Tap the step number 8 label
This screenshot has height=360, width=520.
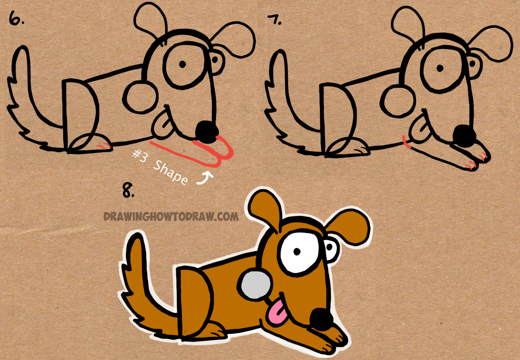click(128, 190)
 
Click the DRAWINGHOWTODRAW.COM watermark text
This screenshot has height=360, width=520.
click(171, 217)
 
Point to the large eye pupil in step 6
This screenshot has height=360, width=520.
click(182, 64)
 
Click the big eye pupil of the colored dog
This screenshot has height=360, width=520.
click(297, 252)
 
